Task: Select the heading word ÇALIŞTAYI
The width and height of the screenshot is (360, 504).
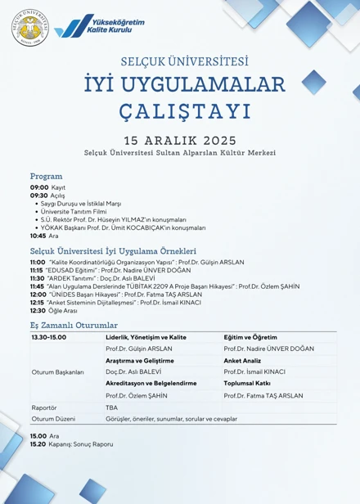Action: tap(179, 109)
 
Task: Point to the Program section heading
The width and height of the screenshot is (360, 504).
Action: tap(47, 176)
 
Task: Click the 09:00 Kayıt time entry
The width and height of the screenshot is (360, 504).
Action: tap(48, 187)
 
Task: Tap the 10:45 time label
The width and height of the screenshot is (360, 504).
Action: tap(38, 236)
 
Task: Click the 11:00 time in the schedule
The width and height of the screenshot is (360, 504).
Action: tap(38, 262)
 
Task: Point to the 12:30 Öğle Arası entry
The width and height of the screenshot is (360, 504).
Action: tap(49, 311)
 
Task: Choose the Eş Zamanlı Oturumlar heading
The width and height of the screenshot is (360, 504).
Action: tap(74, 325)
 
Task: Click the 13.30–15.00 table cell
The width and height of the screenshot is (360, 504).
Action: tap(49, 337)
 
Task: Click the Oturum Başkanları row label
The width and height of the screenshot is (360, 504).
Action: tap(57, 371)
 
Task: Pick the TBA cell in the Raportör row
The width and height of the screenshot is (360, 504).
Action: tap(111, 407)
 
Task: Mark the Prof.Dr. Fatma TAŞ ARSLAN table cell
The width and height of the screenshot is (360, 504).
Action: tap(263, 395)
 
